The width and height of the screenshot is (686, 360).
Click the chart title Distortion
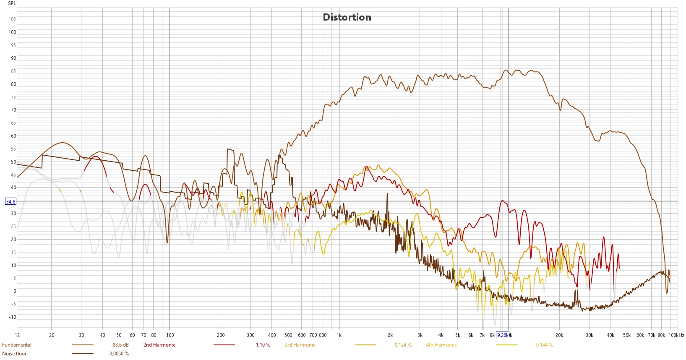pyautogui.click(x=347, y=17)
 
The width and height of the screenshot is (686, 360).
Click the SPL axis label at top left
pyautogui.click(x=12, y=3)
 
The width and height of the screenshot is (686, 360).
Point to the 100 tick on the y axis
pyautogui.click(x=12, y=32)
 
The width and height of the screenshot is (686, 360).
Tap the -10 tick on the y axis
pyautogui.click(x=12, y=317)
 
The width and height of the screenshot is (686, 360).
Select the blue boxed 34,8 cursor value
pyautogui.click(x=10, y=202)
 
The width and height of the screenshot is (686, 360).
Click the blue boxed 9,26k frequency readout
pyautogui.click(x=502, y=335)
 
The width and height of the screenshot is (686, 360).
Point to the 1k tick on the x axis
pyautogui.click(x=339, y=335)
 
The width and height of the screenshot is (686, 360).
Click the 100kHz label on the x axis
pyautogui.click(x=676, y=335)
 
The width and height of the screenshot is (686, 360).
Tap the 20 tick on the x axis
pyautogui.click(x=52, y=335)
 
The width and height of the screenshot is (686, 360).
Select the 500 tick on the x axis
pyautogui.click(x=288, y=335)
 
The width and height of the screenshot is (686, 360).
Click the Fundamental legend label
pyautogui.click(x=17, y=345)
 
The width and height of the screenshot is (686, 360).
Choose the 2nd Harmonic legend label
pyautogui.click(x=159, y=345)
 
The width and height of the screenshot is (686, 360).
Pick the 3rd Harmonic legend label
pyautogui.click(x=300, y=345)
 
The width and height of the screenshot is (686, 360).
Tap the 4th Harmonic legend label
pyautogui.click(x=441, y=345)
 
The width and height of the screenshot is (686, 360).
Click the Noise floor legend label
pyautogui.click(x=14, y=354)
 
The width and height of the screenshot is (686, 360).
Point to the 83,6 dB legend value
pyautogui.click(x=121, y=345)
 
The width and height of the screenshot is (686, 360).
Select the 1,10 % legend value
pyautogui.click(x=263, y=345)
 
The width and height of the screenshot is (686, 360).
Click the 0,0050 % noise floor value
pyautogui.click(x=119, y=354)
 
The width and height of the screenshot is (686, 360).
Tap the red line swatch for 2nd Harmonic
pyautogui.click(x=224, y=345)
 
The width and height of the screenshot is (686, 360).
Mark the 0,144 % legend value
pyautogui.click(x=544, y=345)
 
